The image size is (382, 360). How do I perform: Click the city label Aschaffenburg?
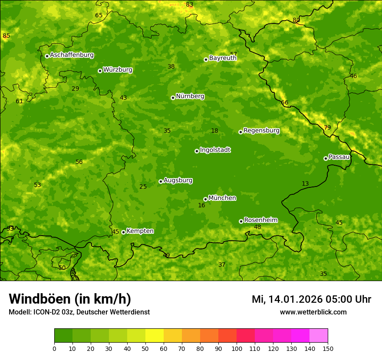(x=72, y=55)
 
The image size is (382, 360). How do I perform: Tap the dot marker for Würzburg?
(x=100, y=71)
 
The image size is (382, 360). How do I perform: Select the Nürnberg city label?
(x=190, y=96)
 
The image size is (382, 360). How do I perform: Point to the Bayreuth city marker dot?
(x=206, y=59)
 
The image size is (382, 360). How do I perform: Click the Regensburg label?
(x=261, y=131)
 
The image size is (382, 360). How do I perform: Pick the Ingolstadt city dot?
(x=197, y=151)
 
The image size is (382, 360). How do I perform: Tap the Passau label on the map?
(x=339, y=157)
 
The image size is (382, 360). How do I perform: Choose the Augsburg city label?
(x=178, y=180)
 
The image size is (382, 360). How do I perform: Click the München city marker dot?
(x=205, y=199)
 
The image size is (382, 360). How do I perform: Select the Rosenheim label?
(x=260, y=220)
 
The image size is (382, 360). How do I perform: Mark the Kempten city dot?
(x=123, y=232)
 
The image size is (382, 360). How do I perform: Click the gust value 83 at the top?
(x=189, y=5)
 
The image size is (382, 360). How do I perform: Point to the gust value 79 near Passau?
(x=327, y=128)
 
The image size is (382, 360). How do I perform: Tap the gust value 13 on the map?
(x=305, y=184)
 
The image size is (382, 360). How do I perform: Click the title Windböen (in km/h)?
(x=70, y=299)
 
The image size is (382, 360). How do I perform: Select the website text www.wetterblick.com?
(x=313, y=312)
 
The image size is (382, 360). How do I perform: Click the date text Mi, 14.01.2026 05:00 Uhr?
(x=311, y=299)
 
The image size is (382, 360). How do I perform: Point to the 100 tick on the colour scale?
(x=237, y=348)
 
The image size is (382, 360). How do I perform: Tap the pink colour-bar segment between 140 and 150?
(x=319, y=336)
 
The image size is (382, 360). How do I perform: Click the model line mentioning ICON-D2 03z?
(x=79, y=312)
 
